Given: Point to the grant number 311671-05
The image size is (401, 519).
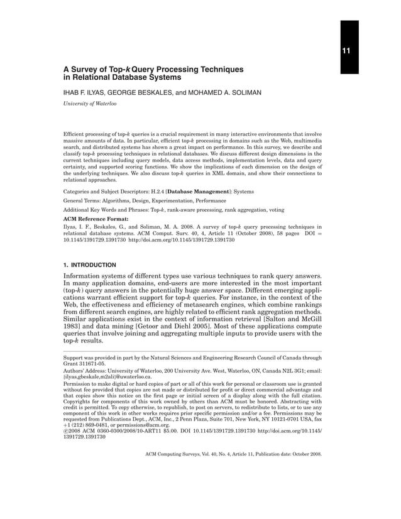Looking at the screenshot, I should tap(92, 363).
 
